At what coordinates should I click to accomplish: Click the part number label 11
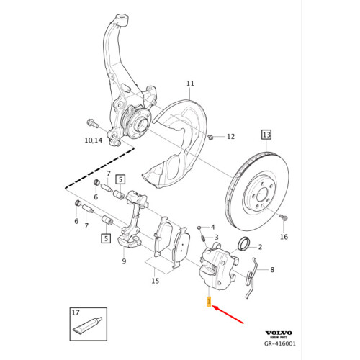[x=191, y=83]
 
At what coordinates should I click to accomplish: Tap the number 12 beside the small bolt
[x=230, y=136]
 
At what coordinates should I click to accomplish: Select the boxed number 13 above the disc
[x=266, y=135]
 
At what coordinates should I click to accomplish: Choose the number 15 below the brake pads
[x=155, y=281]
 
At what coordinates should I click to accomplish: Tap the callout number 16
[x=284, y=236]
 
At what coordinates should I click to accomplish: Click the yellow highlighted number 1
[x=208, y=302]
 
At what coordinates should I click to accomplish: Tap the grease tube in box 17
[x=86, y=328]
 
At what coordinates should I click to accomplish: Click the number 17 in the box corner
[x=76, y=313]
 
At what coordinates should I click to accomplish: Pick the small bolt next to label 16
[x=283, y=217]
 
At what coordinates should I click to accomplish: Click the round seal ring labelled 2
[x=245, y=243]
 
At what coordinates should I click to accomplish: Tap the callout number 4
[x=212, y=227]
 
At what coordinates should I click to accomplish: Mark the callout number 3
[x=215, y=237]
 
